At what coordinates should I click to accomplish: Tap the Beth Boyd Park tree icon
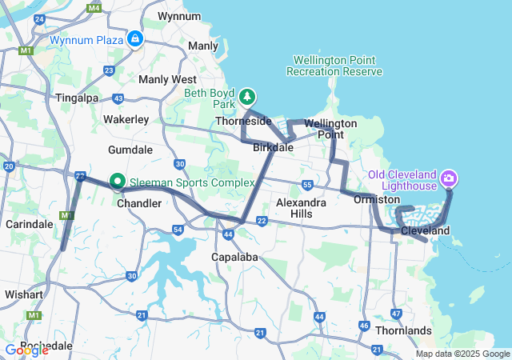(x=247, y=96)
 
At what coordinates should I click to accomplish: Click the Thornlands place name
(x=406, y=330)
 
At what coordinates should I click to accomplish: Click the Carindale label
(x=29, y=224)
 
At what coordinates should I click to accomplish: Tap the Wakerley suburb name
(x=126, y=119)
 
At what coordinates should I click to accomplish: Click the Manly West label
(x=167, y=79)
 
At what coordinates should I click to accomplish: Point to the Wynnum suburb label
(x=179, y=16)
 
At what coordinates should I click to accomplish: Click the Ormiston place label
(x=377, y=198)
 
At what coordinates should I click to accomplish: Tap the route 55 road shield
(x=308, y=186)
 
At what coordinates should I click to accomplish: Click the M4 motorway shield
(x=94, y=8)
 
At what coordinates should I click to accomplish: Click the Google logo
(x=26, y=350)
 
